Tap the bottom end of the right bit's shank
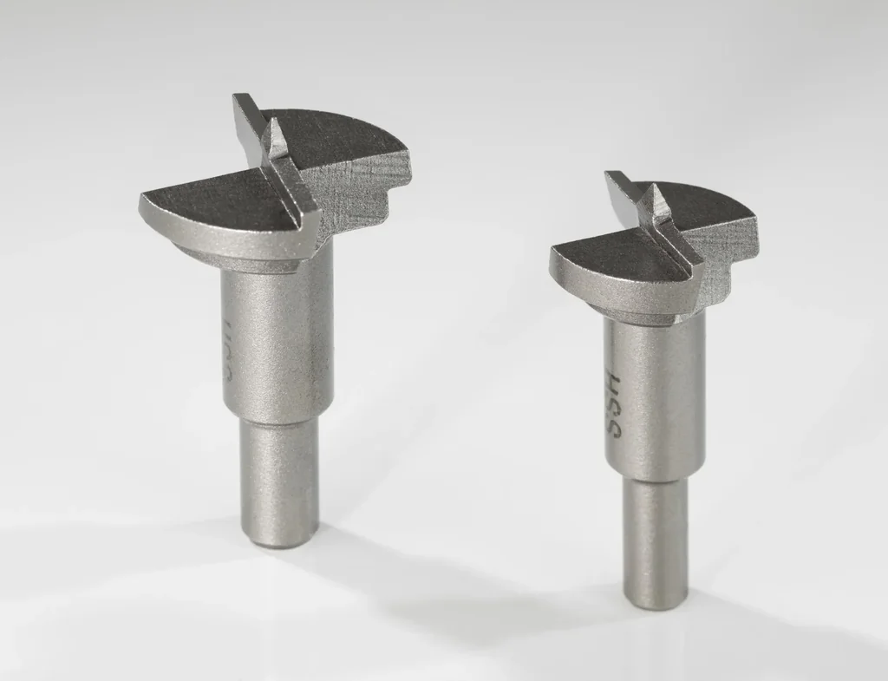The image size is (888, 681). [x=656, y=599]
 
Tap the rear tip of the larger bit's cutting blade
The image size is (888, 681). [x=238, y=100]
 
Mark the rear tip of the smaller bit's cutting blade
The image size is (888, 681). [x=612, y=177]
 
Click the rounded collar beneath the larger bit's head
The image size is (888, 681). [x=251, y=260]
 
